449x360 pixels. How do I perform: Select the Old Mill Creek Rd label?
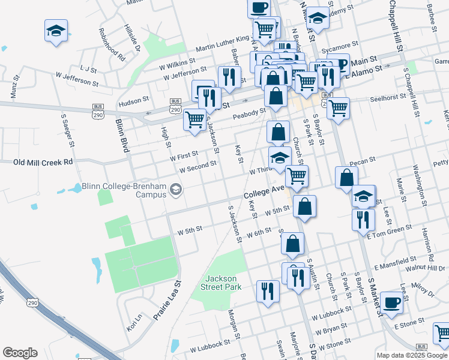(43, 162)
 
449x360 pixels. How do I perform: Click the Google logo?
(20, 353)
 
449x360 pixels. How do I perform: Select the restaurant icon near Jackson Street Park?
(267, 291)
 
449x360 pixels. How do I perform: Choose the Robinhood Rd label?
(112, 45)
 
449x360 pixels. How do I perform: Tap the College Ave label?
(263, 196)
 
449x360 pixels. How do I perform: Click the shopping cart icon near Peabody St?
(194, 119)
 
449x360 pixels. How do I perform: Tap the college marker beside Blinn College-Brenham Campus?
(175, 190)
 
